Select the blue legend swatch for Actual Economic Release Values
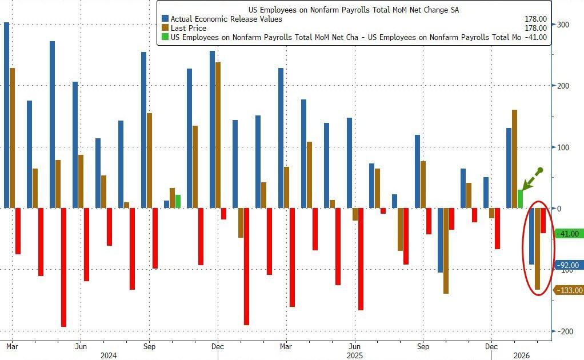point(165,19)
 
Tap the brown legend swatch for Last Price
point(165,28)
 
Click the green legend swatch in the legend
point(165,37)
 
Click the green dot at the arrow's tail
point(539,170)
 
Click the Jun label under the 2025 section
point(354,346)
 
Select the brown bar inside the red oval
point(537,249)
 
